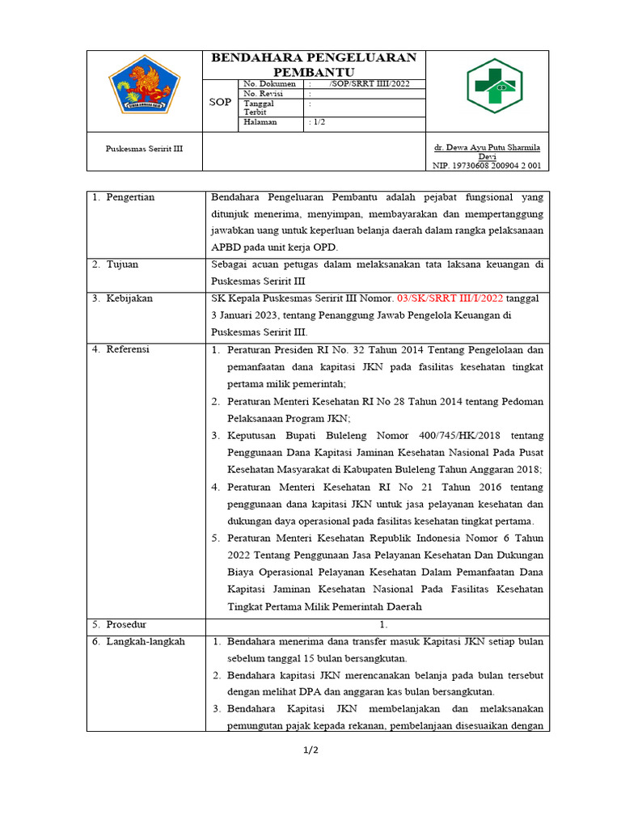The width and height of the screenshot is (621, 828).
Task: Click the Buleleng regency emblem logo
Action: [145, 86]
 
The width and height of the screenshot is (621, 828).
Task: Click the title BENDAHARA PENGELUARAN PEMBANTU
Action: [314, 64]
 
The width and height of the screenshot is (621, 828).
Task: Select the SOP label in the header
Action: [220, 103]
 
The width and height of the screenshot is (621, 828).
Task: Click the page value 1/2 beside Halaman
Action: [318, 122]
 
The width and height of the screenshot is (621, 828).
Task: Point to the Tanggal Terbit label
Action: [259, 108]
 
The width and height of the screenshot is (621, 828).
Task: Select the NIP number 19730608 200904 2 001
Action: [487, 166]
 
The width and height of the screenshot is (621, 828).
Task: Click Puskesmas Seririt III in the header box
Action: [145, 148]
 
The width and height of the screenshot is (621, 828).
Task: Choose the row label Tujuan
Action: [125, 264]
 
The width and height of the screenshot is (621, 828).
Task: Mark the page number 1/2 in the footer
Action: [310, 750]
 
